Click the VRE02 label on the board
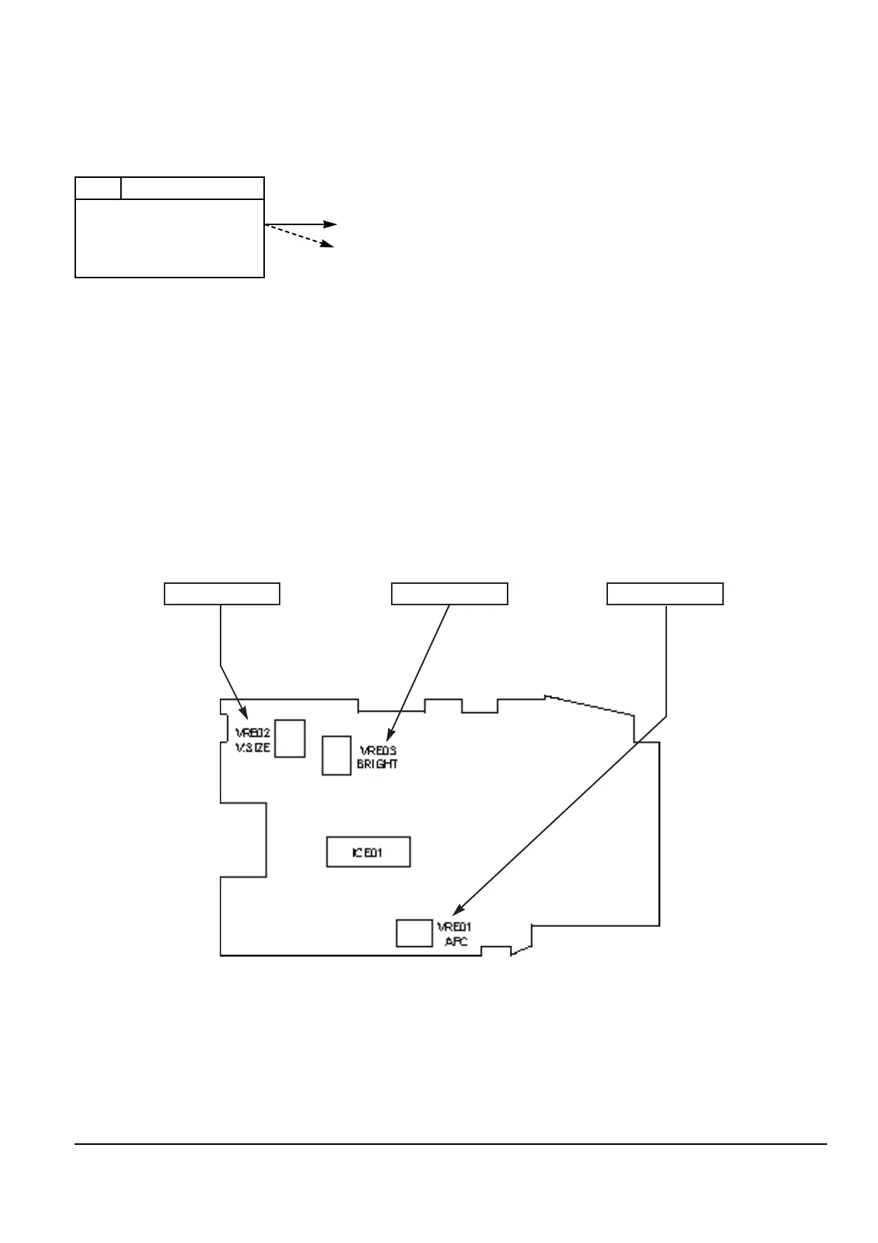coord(253,734)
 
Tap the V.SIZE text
coord(253,748)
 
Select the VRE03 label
coord(378,751)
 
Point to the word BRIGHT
coord(378,765)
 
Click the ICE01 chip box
coord(368,853)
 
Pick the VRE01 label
coord(455,927)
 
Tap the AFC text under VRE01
coord(456,942)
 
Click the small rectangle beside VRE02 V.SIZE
coord(290,738)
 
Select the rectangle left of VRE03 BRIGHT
coord(336,755)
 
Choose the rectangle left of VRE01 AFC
coord(414,933)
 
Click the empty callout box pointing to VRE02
coord(221,593)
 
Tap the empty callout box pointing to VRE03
coord(449,593)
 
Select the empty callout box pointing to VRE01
coord(665,593)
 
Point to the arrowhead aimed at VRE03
coord(391,734)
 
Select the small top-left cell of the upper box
coord(98,188)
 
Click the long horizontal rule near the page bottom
coord(450,1145)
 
